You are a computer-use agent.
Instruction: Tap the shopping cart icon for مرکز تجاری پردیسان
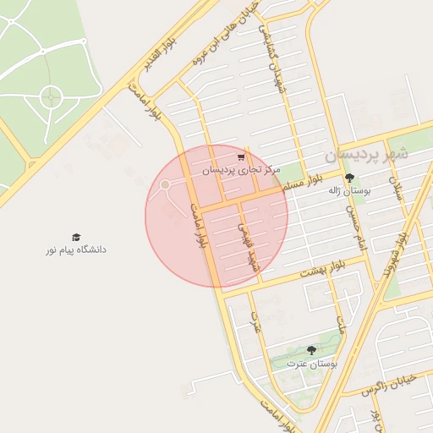(x=241, y=157)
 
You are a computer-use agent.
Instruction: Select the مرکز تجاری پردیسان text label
(x=240, y=171)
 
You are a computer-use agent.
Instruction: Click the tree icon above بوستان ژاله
(x=349, y=178)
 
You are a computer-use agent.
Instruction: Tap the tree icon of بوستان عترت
(x=311, y=350)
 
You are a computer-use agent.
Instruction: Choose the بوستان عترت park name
(x=311, y=364)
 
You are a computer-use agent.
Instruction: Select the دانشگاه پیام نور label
(x=77, y=250)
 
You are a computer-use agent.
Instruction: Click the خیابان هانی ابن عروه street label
(x=244, y=42)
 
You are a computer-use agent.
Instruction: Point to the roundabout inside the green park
(x=50, y=98)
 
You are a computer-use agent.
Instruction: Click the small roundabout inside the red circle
(x=166, y=184)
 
